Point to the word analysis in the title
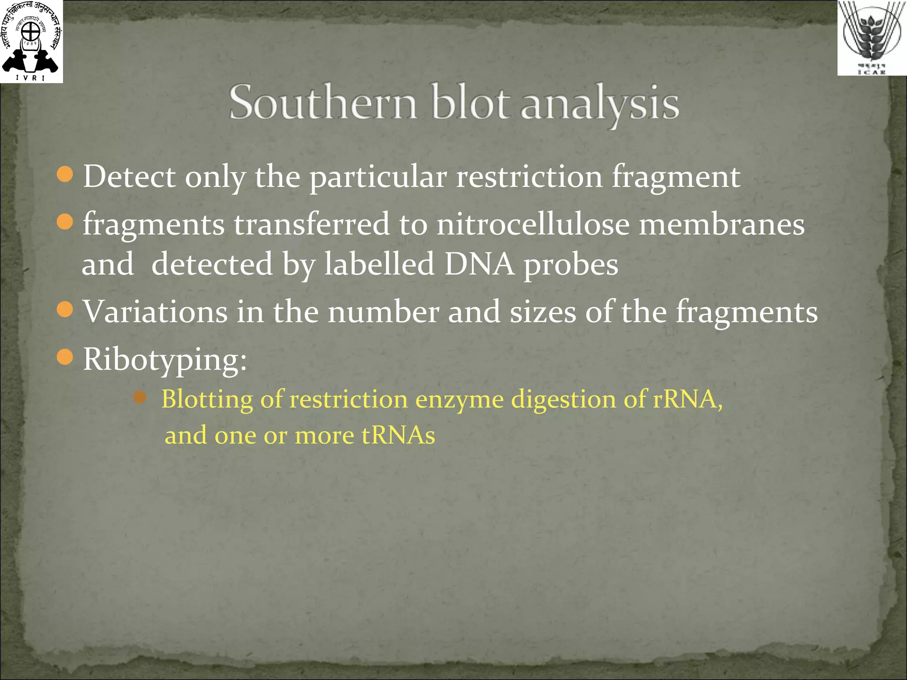point(600,104)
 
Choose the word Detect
point(129,177)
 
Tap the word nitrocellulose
point(533,224)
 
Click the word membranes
point(721,224)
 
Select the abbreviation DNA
point(479,264)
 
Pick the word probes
point(571,266)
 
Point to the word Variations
point(155,312)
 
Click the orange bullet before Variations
point(65,309)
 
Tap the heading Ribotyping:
point(165,359)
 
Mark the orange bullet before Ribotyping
point(65,356)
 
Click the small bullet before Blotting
point(140,397)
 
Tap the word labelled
point(379,264)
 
